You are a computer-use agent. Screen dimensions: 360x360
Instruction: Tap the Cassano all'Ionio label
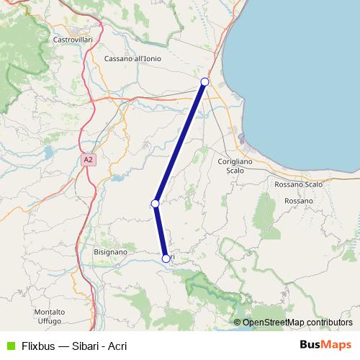[132, 58]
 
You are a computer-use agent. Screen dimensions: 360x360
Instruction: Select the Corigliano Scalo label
[235, 166]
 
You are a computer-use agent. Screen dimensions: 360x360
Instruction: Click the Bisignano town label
[110, 253]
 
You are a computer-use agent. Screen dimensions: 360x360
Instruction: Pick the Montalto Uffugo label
[49, 315]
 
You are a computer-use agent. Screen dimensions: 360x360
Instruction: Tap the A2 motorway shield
[88, 160]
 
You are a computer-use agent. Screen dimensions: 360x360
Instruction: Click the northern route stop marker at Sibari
[204, 82]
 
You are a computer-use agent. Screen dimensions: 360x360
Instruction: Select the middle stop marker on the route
[155, 204]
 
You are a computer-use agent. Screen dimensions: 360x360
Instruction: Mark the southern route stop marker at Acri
[166, 258]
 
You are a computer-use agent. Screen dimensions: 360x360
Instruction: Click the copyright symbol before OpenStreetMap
[237, 323]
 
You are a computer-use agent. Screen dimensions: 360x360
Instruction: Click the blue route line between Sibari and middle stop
[180, 143]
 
